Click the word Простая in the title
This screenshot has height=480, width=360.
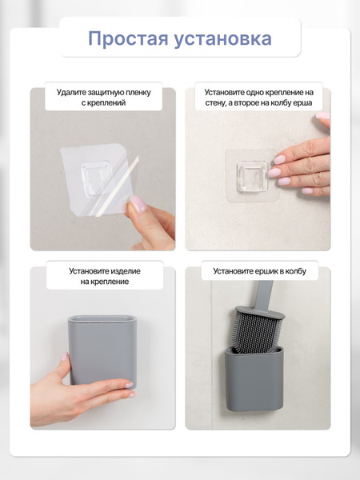128,39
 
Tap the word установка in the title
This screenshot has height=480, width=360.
223,39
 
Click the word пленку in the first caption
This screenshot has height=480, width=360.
138,93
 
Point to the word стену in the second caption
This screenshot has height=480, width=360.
215,103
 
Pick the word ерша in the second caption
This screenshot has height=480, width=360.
304,103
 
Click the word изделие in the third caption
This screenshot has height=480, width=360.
126,271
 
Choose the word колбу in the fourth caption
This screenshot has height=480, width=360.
295,271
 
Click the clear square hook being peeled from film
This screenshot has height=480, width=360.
95,178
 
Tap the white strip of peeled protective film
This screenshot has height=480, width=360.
118,186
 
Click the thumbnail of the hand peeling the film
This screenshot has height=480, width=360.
138,204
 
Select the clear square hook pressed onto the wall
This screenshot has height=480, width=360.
253,177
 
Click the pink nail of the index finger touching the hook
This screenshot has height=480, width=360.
279,160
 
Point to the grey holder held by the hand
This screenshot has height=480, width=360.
102,351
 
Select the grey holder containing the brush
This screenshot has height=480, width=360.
254,379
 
